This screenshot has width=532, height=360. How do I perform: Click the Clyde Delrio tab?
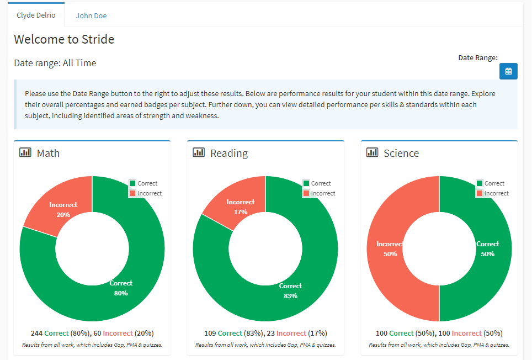tap(36, 15)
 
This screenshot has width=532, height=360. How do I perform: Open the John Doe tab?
tap(91, 15)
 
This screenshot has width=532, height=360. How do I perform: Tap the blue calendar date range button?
tap(508, 71)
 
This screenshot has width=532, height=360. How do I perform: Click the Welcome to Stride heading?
tap(64, 39)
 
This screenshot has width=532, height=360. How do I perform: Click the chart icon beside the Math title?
tap(25, 152)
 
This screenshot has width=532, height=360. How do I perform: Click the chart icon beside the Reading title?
tap(199, 152)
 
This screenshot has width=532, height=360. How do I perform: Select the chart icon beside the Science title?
tap(372, 152)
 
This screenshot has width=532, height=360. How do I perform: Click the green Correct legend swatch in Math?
tap(132, 183)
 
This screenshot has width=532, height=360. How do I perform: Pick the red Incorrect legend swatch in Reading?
tap(306, 193)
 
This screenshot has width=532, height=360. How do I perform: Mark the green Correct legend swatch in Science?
tap(480, 183)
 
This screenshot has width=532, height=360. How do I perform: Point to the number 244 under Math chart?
tap(36, 333)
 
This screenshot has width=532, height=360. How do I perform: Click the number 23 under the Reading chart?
tap(270, 333)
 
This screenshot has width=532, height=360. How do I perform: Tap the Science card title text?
tap(401, 153)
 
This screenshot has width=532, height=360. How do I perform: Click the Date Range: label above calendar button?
tap(478, 57)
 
